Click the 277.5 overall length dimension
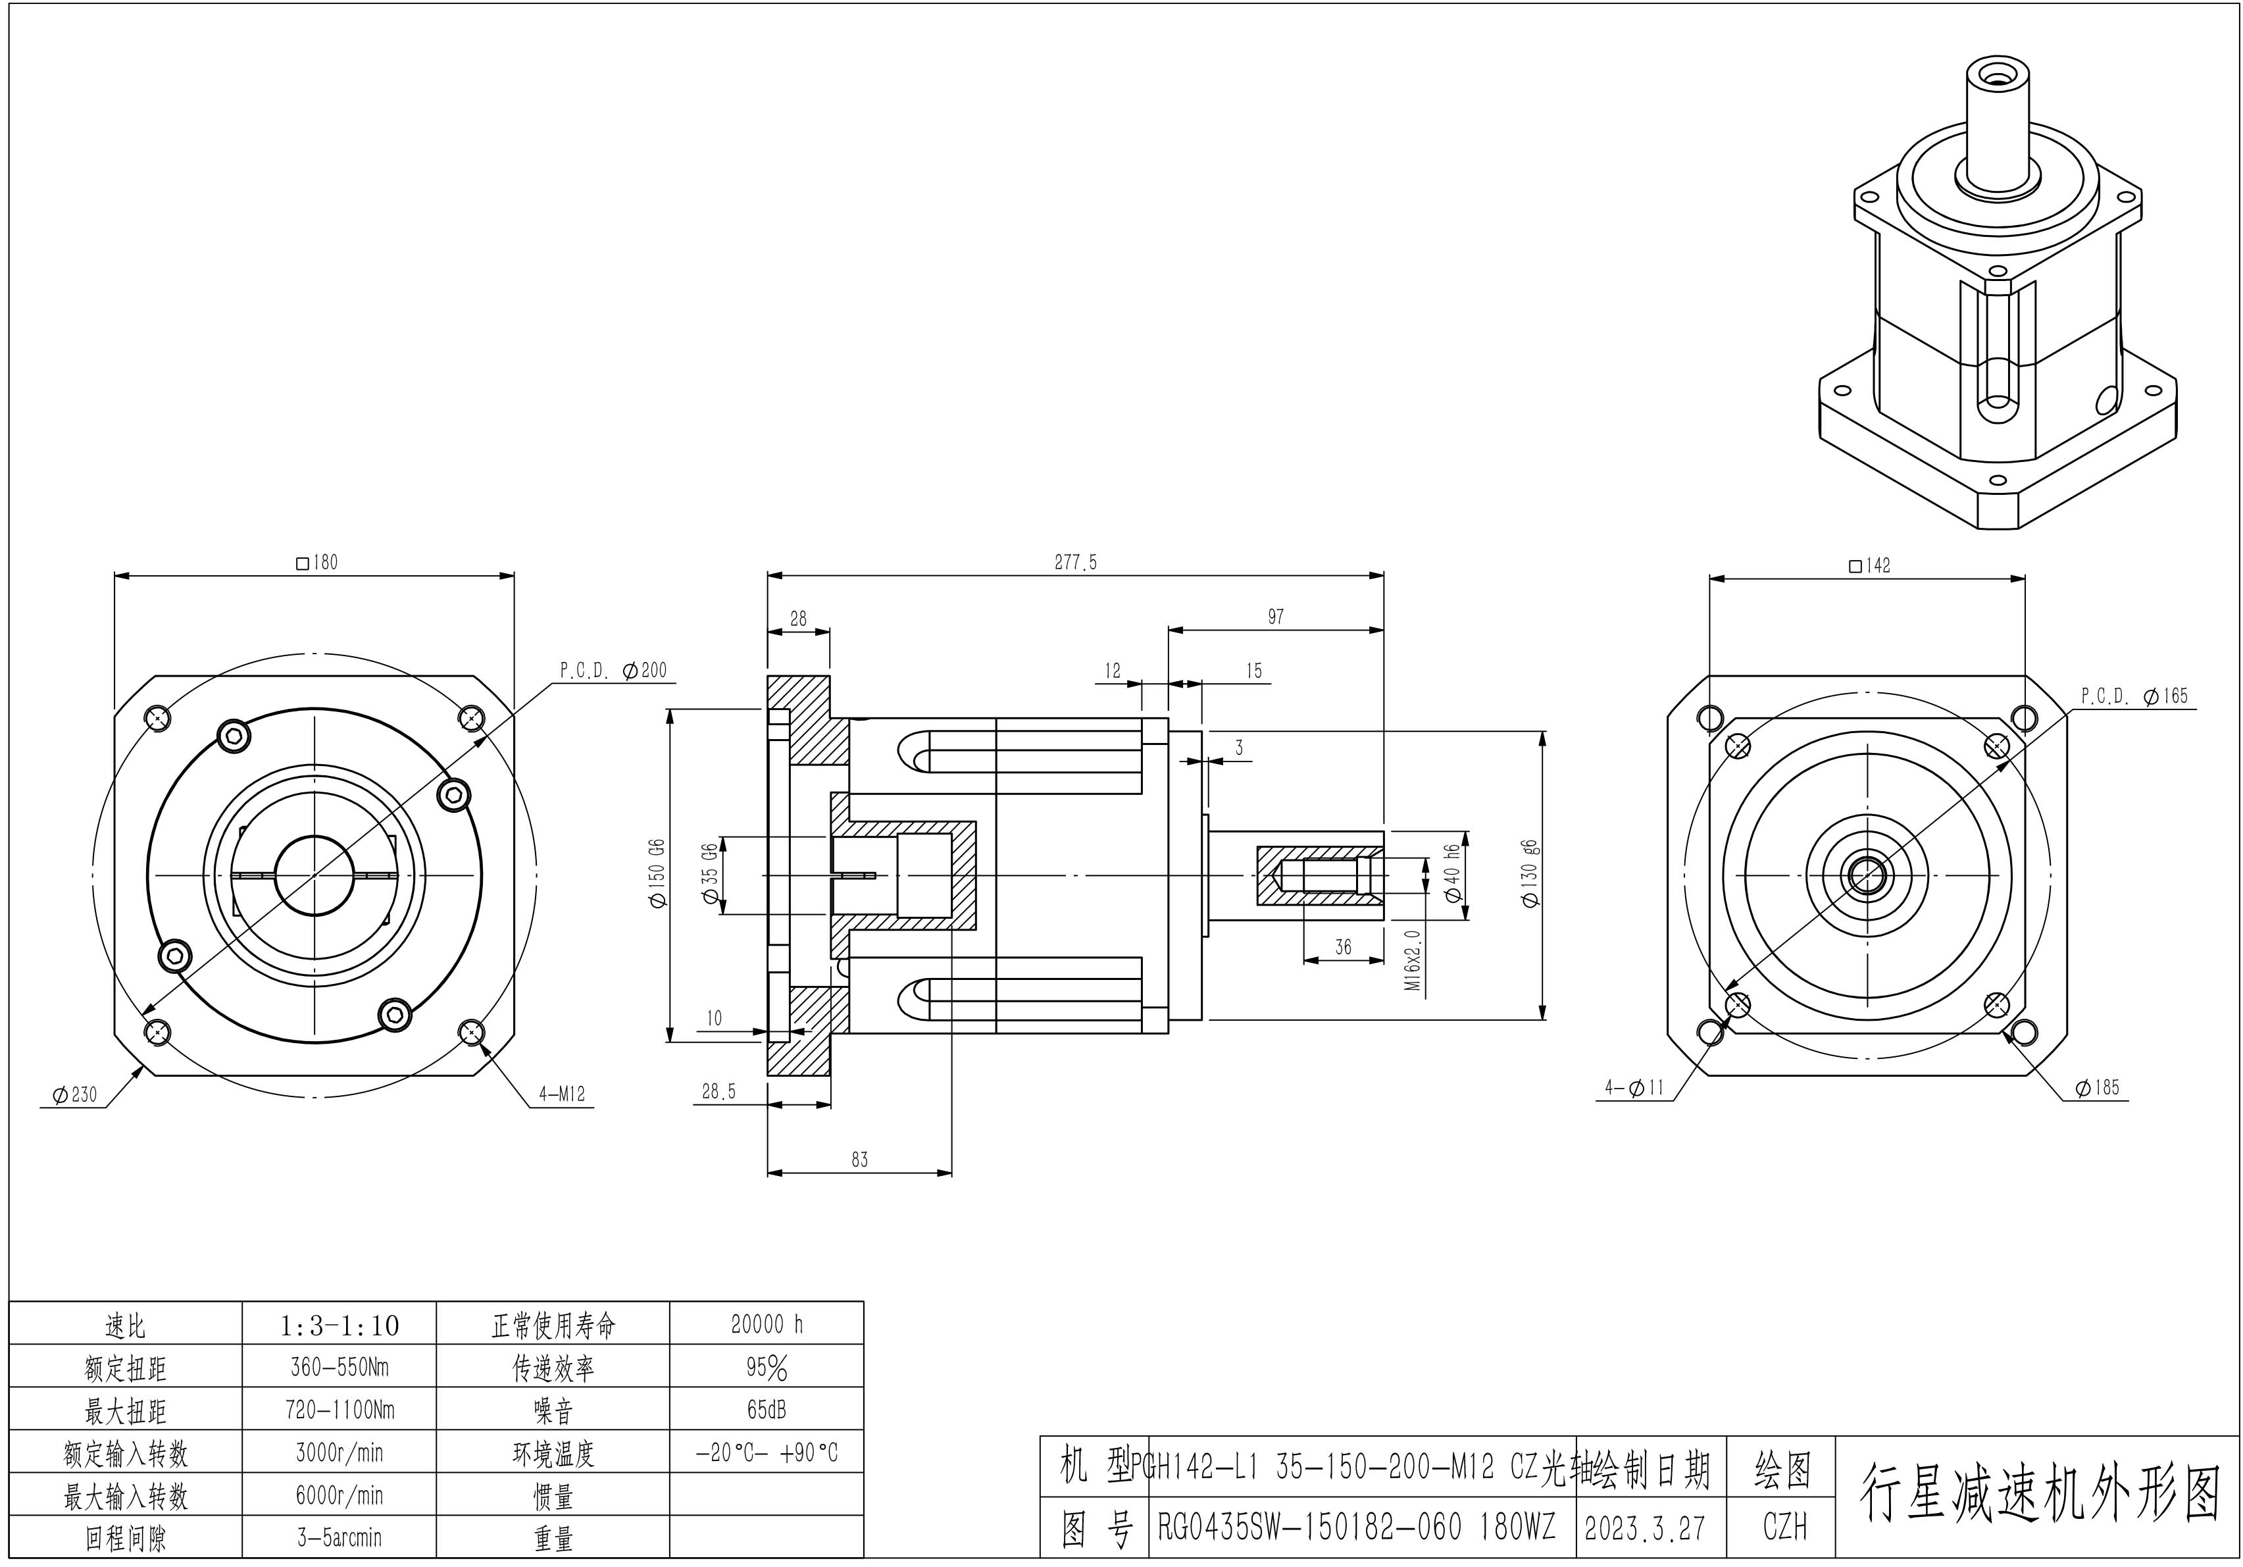[1076, 563]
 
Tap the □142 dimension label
[1870, 565]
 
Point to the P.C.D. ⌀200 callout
[613, 670]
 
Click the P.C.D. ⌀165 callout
[2134, 696]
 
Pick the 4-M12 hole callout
[562, 1094]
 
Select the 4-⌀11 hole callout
[1634, 1087]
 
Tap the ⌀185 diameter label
[2098, 1087]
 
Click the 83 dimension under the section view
[860, 1160]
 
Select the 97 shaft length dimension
[1276, 617]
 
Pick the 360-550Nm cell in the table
[339, 1367]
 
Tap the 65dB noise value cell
[767, 1410]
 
